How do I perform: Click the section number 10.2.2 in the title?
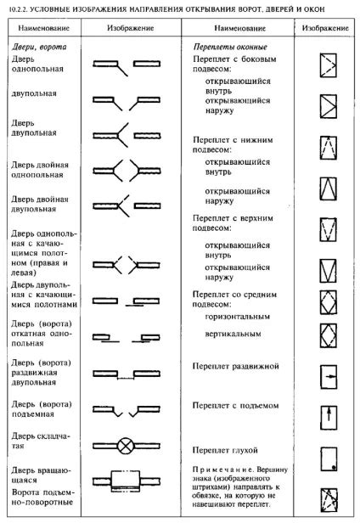(16, 8)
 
